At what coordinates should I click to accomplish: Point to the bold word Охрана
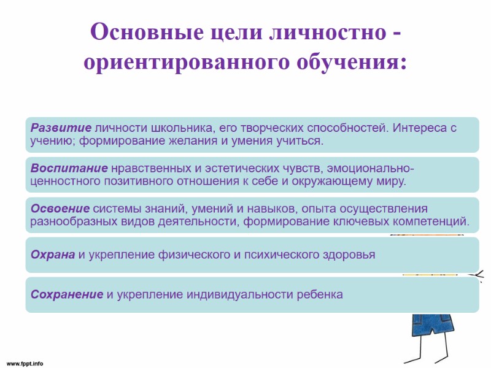point(53,255)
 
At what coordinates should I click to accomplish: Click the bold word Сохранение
point(67,294)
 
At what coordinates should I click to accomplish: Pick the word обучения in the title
point(349,63)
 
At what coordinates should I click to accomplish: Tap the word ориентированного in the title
point(187,63)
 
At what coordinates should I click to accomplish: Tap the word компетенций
point(430,221)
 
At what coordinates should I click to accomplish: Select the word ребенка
point(318,294)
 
